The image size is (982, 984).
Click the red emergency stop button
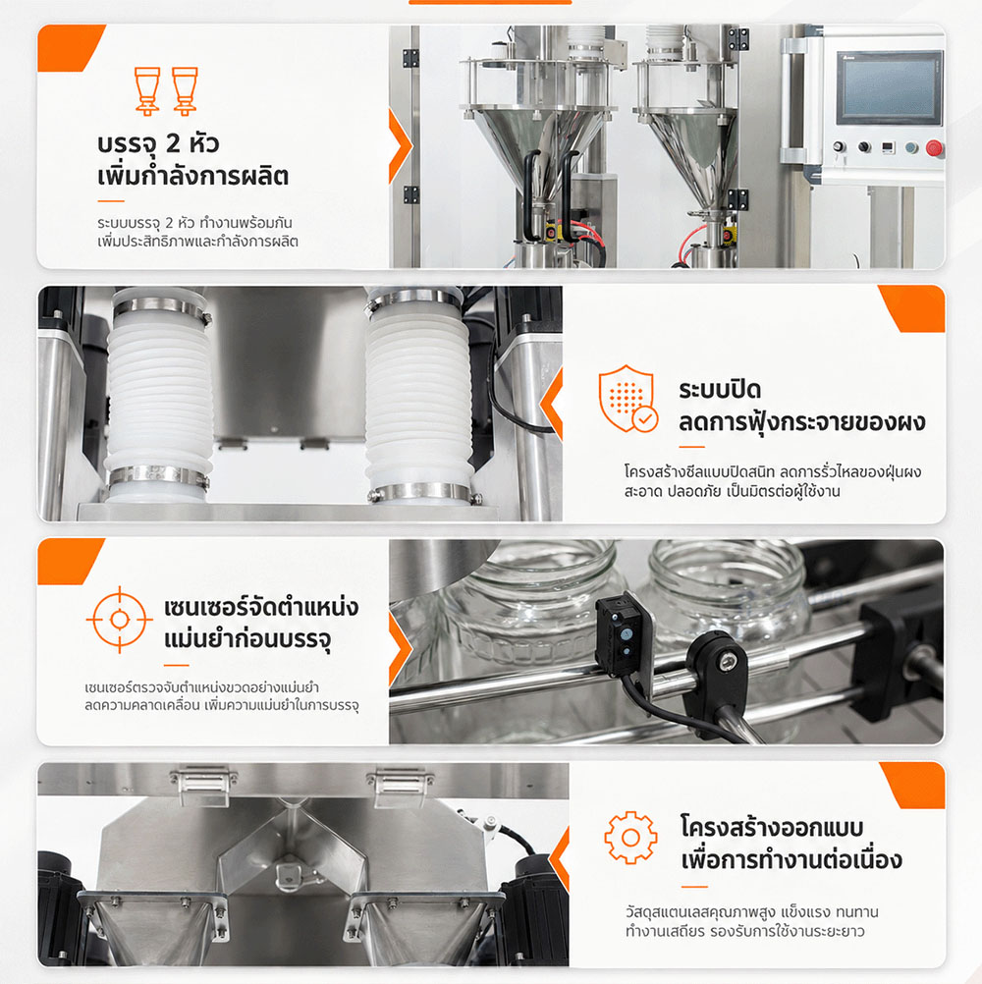coord(934,148)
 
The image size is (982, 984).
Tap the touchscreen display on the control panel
coord(890,87)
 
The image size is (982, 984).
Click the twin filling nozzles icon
coord(166,91)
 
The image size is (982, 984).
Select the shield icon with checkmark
coord(628,399)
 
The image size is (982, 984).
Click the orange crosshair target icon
coord(119,620)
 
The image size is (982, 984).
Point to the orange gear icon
coord(630,837)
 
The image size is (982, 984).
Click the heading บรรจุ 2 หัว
coord(158,144)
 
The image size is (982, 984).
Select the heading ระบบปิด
coord(720,390)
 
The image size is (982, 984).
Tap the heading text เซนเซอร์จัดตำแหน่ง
coord(261,607)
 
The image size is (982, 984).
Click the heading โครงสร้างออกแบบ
coord(772,827)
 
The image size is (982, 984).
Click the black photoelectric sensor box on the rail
coord(620,635)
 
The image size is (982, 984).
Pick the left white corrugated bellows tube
coord(158,395)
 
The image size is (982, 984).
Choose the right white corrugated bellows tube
coord(418,395)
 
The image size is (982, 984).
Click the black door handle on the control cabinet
coord(793,99)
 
